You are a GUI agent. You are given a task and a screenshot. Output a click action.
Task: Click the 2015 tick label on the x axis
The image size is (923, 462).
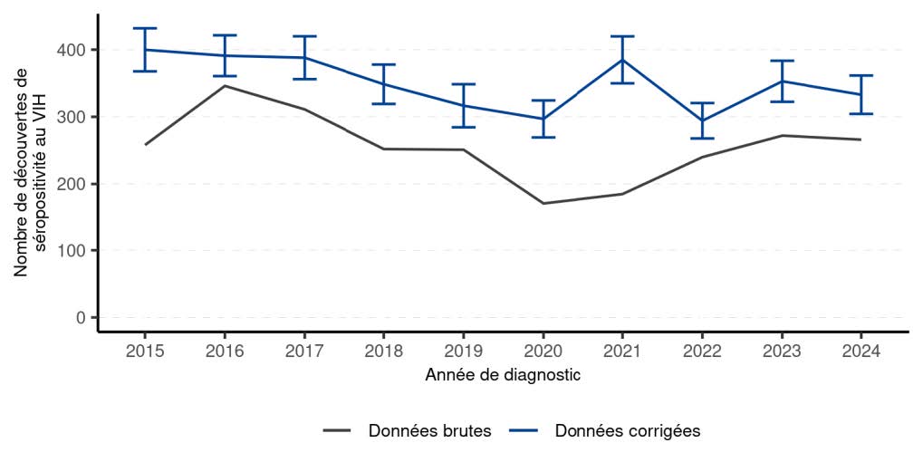tap(145, 350)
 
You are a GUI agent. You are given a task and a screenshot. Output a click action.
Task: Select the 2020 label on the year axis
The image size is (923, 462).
tap(543, 350)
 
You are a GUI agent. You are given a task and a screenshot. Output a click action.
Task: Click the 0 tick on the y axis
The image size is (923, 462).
tap(82, 317)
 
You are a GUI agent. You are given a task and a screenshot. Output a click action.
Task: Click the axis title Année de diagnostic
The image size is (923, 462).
tap(503, 374)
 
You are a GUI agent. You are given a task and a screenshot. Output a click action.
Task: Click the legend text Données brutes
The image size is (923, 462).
tap(429, 431)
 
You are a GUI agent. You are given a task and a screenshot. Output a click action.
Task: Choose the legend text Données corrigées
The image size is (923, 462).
tap(628, 431)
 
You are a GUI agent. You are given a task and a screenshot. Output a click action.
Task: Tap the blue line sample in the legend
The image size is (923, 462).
tap(524, 431)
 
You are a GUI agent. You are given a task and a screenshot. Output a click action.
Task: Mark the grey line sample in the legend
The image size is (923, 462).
tap(337, 431)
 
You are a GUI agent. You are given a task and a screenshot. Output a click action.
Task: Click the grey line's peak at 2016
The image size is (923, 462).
tap(225, 86)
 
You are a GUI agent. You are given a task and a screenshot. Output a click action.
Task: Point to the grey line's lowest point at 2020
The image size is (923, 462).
tap(543, 203)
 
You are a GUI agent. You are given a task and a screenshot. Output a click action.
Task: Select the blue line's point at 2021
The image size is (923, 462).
tap(622, 60)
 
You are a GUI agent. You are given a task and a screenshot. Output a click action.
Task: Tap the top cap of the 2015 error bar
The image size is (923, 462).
tap(145, 28)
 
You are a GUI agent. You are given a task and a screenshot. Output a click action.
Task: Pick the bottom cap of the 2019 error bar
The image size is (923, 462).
tap(463, 127)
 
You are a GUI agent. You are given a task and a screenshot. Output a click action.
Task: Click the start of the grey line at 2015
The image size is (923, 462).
tap(145, 144)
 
